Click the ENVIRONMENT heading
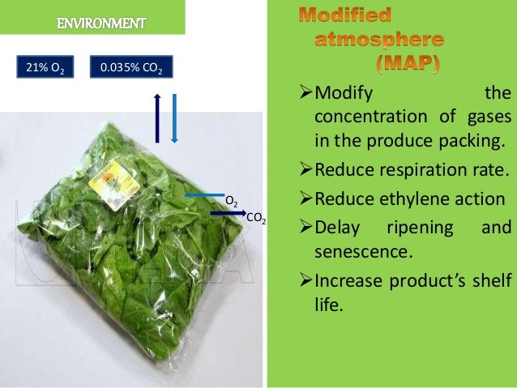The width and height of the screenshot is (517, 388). point(101,22)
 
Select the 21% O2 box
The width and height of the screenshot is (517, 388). point(44,66)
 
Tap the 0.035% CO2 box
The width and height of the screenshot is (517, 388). point(130,66)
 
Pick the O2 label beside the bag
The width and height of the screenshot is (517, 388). point(231,200)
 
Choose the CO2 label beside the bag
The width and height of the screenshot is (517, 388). point(255,219)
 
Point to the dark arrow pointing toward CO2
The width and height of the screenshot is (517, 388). point(229,213)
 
